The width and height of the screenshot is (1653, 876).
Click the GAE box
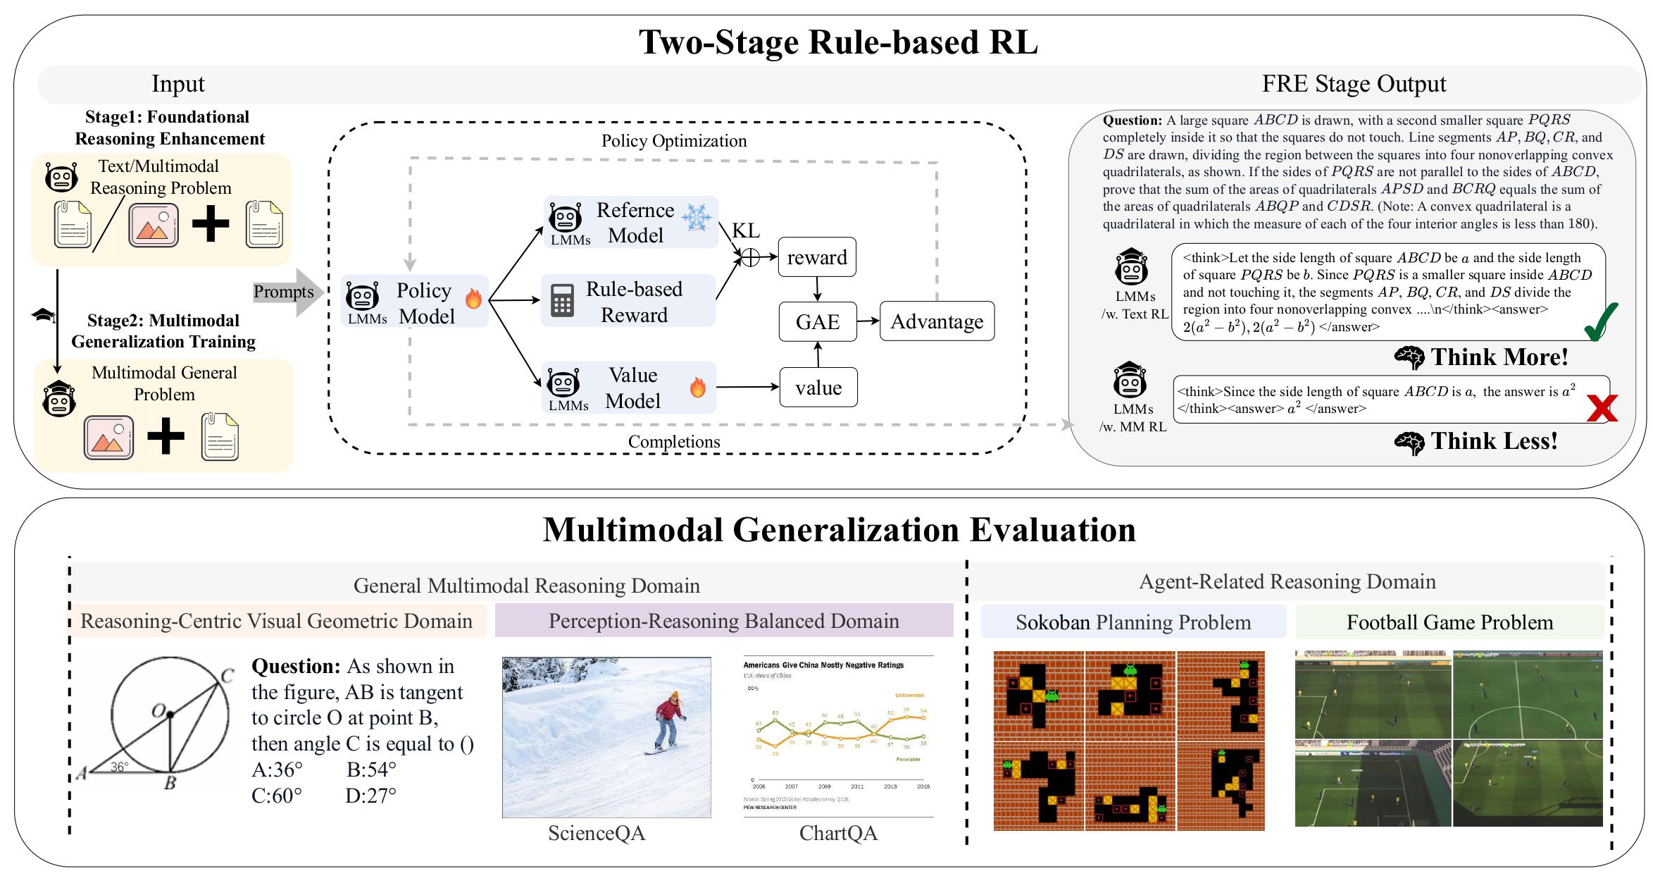coord(817,321)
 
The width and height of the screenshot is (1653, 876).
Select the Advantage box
coord(937,321)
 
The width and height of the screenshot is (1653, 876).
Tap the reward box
coord(817,257)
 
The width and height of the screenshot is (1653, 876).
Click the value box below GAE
coord(818,387)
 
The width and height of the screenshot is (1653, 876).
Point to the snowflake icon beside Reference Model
coord(697,218)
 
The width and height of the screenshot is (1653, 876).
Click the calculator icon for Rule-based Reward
coord(562,301)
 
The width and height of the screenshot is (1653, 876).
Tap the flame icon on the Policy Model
coord(473,298)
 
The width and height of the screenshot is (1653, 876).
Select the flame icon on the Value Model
coord(698,387)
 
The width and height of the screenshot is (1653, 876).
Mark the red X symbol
coord(1601,408)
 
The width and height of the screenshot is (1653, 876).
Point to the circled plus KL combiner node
coord(750,258)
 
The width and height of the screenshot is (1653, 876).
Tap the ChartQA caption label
coord(838,833)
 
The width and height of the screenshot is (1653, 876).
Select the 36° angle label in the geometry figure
coord(119,767)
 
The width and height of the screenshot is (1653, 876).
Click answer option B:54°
coord(371,769)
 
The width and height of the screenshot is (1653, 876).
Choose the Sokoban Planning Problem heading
coord(1133,622)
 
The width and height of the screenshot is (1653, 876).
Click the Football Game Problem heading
coord(1449,622)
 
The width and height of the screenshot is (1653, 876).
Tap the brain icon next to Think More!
coord(1409,358)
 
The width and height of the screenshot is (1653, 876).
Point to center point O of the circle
coord(170,715)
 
